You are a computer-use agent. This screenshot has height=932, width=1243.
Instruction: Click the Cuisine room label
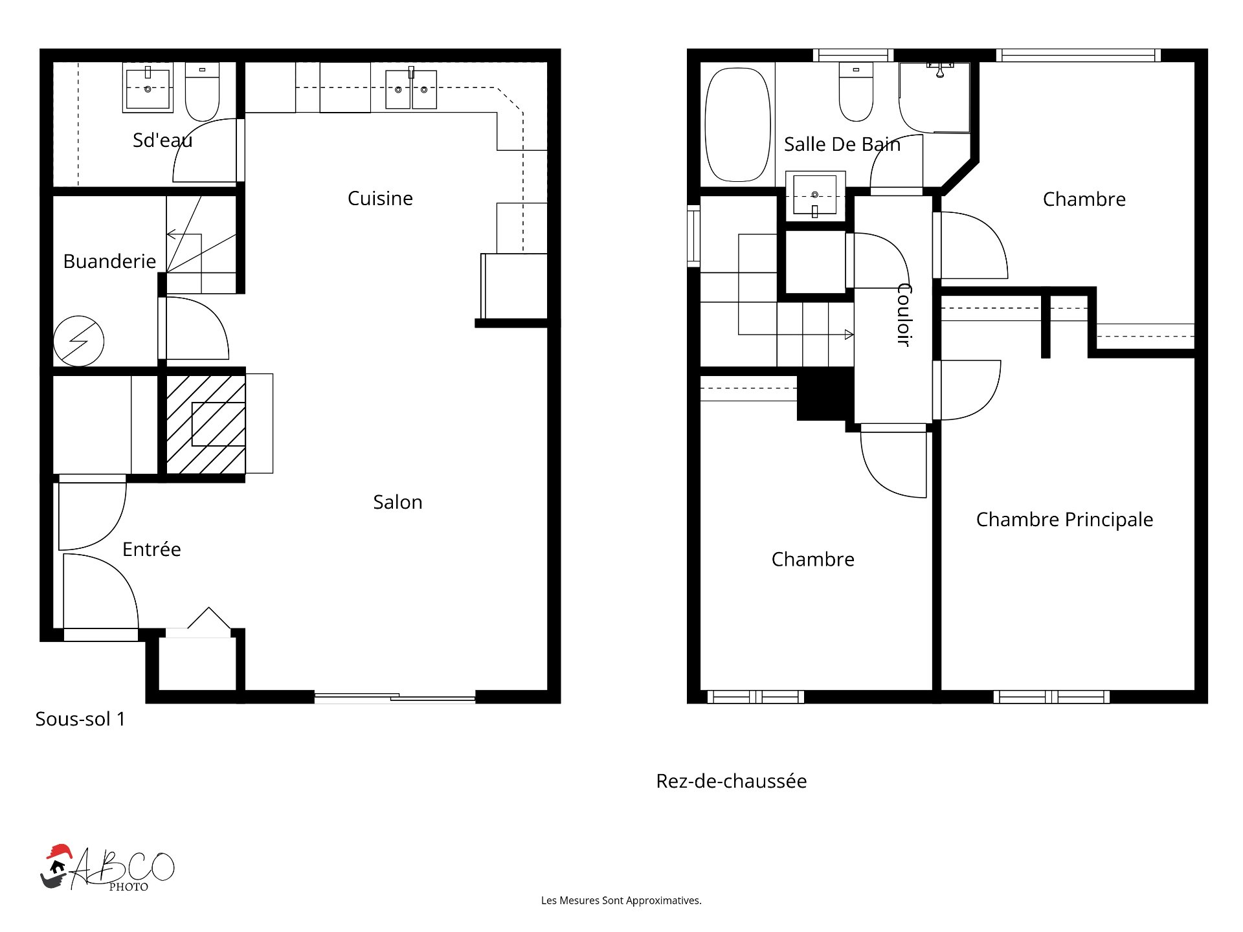(380, 198)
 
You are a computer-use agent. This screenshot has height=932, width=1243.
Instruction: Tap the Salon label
(398, 502)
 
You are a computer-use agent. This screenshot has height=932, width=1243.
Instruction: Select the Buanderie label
(109, 261)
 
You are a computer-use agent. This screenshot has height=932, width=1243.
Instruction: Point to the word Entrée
(151, 549)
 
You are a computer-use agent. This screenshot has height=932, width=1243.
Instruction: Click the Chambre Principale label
(1064, 519)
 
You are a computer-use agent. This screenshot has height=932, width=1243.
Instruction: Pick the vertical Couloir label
(904, 315)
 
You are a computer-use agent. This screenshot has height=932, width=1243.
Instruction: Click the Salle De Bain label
(842, 144)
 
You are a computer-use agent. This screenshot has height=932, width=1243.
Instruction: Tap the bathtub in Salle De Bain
(737, 125)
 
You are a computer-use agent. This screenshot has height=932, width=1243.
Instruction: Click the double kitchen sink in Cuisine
(411, 89)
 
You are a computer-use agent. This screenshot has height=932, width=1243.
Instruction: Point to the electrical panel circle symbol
(78, 340)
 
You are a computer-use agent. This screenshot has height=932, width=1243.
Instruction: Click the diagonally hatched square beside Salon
(206, 425)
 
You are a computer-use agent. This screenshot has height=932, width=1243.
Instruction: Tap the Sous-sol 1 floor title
(80, 718)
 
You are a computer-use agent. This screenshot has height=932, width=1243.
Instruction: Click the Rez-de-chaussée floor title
(732, 781)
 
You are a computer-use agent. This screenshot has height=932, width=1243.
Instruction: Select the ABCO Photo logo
(107, 868)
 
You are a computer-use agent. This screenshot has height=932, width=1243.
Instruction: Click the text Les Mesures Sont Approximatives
(621, 900)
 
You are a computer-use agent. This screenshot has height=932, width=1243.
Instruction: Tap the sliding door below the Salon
(395, 698)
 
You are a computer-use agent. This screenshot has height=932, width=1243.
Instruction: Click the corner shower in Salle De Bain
(935, 97)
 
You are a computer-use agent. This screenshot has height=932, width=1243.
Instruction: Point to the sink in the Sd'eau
(148, 88)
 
